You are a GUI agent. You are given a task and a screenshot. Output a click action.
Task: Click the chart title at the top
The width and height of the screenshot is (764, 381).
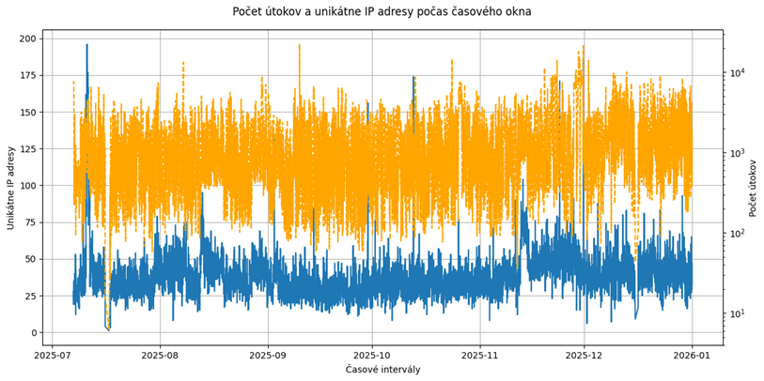coord(382,12)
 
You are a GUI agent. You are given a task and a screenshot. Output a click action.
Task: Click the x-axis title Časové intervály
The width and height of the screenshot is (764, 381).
coord(382,370)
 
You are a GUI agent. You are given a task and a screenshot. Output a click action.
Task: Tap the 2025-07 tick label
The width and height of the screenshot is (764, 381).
coord(55,355)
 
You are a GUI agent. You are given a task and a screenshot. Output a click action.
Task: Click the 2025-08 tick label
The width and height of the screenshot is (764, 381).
coord(160,355)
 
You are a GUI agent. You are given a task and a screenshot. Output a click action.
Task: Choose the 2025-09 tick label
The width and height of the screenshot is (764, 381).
coord(269,355)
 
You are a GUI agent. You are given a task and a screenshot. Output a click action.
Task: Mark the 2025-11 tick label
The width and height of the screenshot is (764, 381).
coord(479,355)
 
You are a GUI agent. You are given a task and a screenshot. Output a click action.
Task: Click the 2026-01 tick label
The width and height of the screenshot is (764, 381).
coord(693,355)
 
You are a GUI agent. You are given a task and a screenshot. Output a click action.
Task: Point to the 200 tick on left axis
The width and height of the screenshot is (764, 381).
coord(26,38)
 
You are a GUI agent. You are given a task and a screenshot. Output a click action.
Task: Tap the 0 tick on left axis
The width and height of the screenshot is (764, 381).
coord(32,332)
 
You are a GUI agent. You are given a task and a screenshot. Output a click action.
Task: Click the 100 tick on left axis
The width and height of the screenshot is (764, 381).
coord(26,186)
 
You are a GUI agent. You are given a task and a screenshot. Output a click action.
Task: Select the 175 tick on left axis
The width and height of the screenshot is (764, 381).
coord(26,75)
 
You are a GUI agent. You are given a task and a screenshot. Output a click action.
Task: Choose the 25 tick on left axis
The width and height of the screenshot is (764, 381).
coord(29,296)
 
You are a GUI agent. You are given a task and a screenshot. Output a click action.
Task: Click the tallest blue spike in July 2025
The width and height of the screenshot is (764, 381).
coord(86,45)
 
